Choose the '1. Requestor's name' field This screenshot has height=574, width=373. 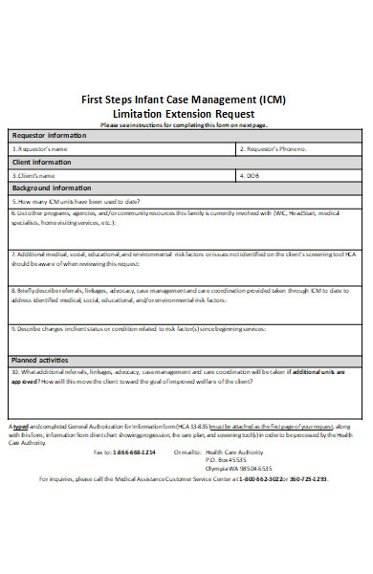point(120,149)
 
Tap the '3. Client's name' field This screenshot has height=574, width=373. point(120,176)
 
